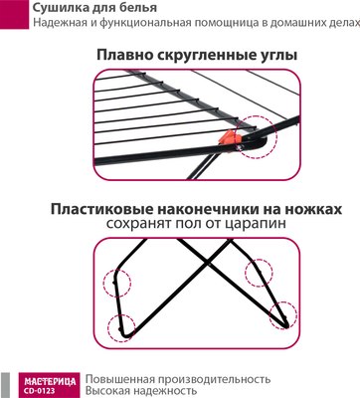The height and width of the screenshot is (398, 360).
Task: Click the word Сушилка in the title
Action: coord(56,7)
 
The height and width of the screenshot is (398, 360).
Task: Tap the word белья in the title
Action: coord(139,8)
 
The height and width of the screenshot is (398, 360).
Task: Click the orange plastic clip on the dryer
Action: coord(227,137)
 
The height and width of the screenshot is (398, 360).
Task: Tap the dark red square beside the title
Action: coord(14,14)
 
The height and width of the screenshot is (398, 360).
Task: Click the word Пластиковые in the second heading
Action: coord(101,210)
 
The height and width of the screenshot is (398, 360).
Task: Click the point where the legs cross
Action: coord(208,264)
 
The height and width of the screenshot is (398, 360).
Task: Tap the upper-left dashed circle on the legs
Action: coord(117,283)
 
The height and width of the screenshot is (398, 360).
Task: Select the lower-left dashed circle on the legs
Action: coord(121,328)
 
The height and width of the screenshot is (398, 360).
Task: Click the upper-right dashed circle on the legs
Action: coord(259,273)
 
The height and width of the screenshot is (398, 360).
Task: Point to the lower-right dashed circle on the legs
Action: coord(282,315)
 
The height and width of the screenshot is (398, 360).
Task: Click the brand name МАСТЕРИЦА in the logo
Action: coord(50,382)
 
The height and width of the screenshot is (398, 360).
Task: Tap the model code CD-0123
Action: coord(40,391)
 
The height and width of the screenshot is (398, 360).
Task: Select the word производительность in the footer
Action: coord(214,379)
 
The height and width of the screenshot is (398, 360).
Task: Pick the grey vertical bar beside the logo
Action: coord(5,385)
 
